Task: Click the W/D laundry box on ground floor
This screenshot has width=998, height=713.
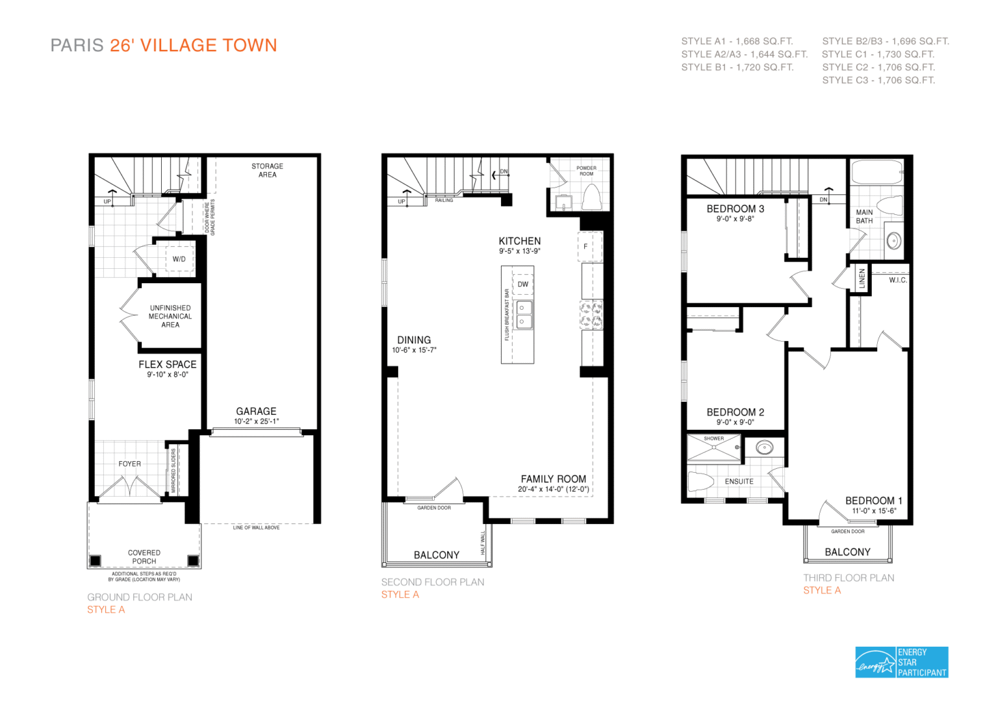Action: tap(179, 259)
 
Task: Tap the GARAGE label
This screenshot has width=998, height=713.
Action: tap(256, 411)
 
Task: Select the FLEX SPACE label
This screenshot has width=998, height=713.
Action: tap(167, 364)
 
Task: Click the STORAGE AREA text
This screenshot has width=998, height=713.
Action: tap(267, 170)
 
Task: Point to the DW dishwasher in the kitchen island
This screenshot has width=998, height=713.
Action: tap(523, 284)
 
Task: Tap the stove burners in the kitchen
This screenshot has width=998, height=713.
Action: tap(591, 314)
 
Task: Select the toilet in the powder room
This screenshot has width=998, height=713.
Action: tap(591, 197)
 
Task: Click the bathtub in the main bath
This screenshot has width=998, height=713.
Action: tap(876, 173)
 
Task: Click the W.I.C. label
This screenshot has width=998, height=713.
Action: tap(898, 280)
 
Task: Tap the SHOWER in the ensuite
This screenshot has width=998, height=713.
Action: tap(713, 447)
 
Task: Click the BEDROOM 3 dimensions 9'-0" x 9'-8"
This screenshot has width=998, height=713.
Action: tap(735, 219)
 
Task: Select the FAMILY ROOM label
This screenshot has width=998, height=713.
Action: tap(553, 479)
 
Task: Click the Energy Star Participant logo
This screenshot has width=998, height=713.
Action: tap(901, 662)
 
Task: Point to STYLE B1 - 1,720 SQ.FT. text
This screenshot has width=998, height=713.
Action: tap(737, 67)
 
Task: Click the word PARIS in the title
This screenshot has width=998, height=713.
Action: tap(77, 45)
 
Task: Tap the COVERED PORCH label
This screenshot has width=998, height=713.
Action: tap(144, 557)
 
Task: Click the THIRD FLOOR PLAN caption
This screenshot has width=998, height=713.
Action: tap(848, 577)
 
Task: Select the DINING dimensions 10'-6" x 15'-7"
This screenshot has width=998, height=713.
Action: tap(414, 350)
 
